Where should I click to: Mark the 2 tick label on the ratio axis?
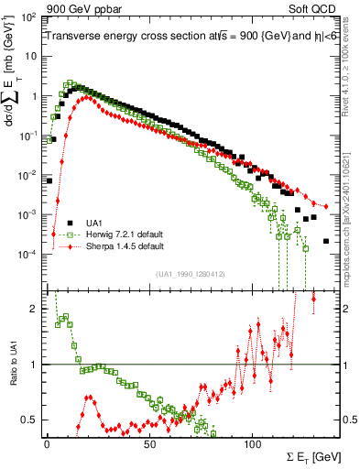[x=34, y=309]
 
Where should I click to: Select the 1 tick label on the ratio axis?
[x=34, y=365]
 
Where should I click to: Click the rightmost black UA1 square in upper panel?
[x=326, y=241]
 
